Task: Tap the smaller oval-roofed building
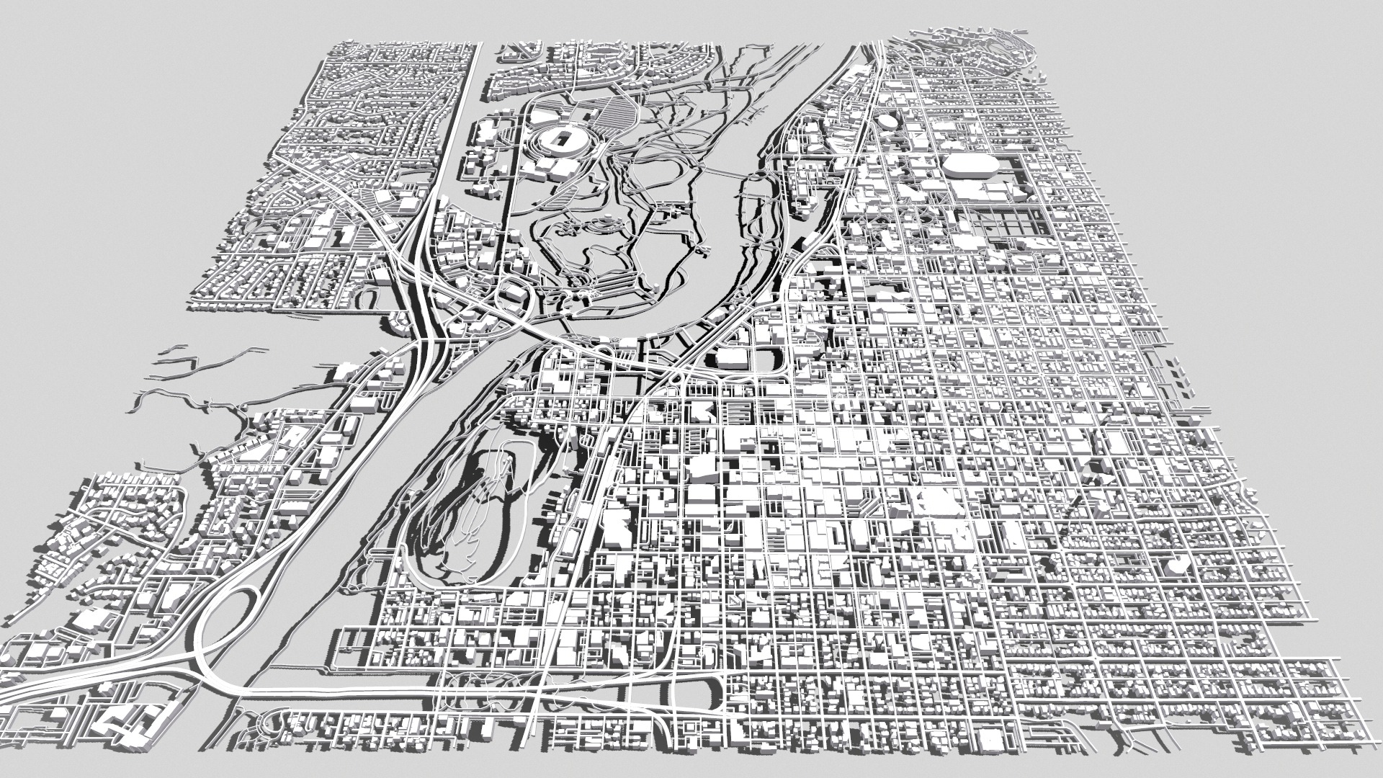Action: pos(886,122)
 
